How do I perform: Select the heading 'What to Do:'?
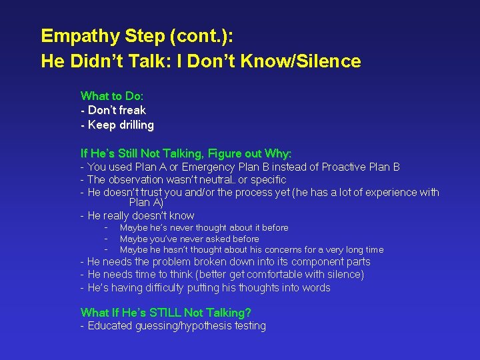point(111,96)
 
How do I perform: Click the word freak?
point(132,110)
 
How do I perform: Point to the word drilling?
point(131,125)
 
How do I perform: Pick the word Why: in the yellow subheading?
point(278,153)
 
